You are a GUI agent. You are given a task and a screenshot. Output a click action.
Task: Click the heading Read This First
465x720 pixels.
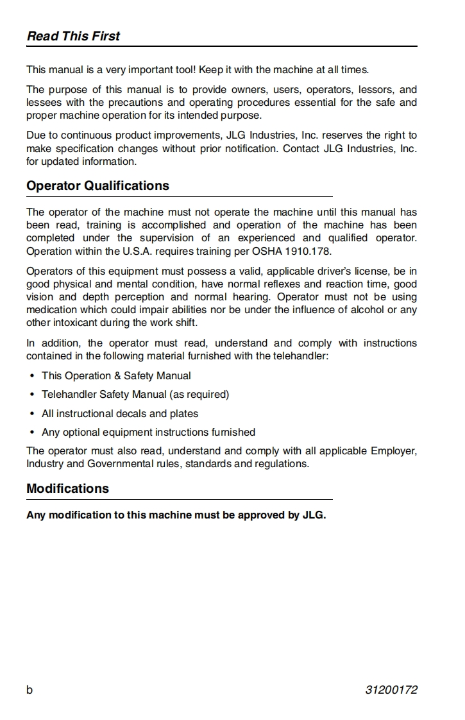pyautogui.click(x=73, y=36)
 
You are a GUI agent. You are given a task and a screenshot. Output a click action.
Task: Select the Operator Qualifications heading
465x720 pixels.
pyautogui.click(x=97, y=185)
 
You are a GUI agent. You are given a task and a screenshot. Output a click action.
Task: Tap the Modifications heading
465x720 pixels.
pyautogui.click(x=67, y=488)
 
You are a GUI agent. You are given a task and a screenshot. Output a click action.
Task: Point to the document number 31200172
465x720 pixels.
pyautogui.click(x=391, y=690)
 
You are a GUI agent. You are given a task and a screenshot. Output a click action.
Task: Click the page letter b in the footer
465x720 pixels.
pyautogui.click(x=30, y=690)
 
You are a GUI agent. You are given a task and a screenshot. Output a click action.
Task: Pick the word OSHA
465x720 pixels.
pyautogui.click(x=272, y=251)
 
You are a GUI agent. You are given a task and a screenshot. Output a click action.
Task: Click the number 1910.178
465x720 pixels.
pyautogui.click(x=310, y=251)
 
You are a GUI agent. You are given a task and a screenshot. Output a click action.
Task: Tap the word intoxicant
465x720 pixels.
pyautogui.click(x=73, y=323)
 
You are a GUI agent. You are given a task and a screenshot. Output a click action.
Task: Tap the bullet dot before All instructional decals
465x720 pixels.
pyautogui.click(x=32, y=414)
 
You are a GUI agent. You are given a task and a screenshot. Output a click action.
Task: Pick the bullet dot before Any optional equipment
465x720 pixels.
pyautogui.click(x=32, y=433)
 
